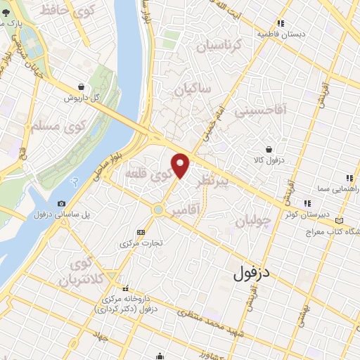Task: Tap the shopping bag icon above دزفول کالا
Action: pyautogui.click(x=269, y=148)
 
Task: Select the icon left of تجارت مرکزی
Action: pyautogui.click(x=140, y=232)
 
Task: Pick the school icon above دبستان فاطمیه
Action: pyautogui.click(x=280, y=22)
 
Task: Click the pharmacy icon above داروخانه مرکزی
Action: pyautogui.click(x=126, y=288)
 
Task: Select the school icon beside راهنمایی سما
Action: pyautogui.click(x=348, y=178)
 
